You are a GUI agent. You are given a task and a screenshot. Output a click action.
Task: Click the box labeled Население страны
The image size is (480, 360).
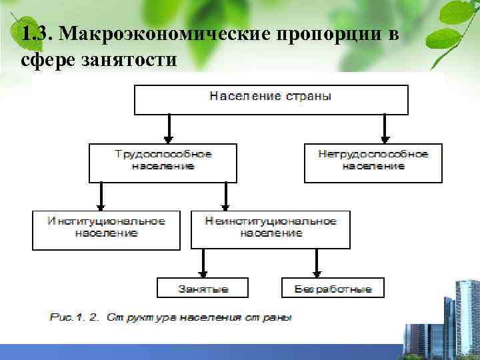click(271, 99)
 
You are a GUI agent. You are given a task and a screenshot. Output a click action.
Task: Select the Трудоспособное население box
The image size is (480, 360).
click(163, 162)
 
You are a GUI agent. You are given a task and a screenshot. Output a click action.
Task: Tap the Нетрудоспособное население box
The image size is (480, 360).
click(373, 162)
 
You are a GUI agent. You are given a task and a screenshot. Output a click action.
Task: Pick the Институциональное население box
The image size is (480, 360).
click(106, 229)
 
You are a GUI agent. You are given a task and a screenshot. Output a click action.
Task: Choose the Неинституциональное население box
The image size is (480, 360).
click(271, 229)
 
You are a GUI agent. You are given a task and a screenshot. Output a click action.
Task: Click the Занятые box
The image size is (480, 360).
click(203, 288)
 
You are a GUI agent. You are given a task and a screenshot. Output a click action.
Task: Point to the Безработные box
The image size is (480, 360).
click(333, 288)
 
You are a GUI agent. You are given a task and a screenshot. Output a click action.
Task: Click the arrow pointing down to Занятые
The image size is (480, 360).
click(203, 264)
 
